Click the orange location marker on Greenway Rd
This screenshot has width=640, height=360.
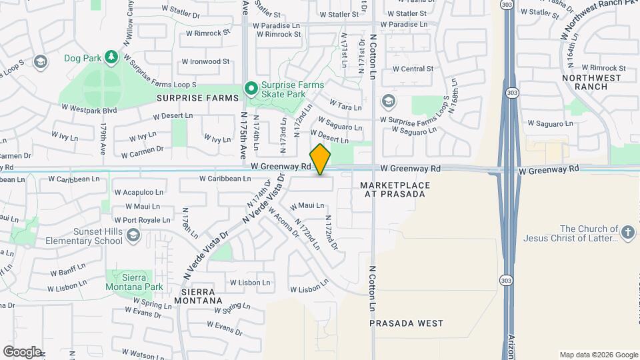pos(321,159)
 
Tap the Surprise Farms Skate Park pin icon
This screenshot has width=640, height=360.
pos(251,88)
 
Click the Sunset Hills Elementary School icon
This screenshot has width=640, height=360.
pos(134,235)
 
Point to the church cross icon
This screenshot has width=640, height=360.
pos(627,233)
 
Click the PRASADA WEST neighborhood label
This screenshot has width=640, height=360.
pos(407,323)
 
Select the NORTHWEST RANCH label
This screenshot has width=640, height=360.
pos(591,82)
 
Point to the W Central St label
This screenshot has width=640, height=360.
pos(413,69)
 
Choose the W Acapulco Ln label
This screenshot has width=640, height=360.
pos(139,191)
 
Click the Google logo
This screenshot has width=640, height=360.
pos(22,351)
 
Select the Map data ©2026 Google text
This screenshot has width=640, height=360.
pos(598,355)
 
